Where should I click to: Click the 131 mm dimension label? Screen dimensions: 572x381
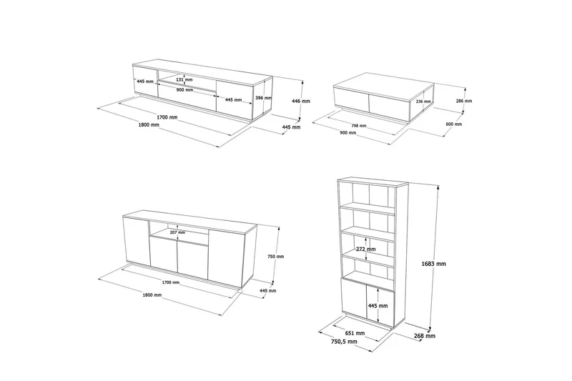(x=184, y=79)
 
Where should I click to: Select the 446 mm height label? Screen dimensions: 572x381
(x=301, y=101)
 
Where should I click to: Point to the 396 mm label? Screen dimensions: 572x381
(x=263, y=98)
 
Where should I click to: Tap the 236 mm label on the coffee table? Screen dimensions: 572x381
(x=423, y=102)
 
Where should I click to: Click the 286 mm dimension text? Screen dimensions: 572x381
(x=464, y=101)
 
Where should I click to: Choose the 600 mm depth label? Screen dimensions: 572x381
(x=454, y=124)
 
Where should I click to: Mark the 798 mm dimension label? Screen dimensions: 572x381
(x=359, y=126)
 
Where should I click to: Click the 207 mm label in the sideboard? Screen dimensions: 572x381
(x=177, y=232)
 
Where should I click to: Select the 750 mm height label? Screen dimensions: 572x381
(x=275, y=257)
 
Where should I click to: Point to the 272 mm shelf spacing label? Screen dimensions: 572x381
(x=366, y=249)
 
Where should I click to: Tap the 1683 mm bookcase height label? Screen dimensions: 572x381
(x=433, y=264)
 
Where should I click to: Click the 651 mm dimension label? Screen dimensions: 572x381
(x=355, y=333)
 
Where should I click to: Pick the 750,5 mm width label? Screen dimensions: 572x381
(x=344, y=342)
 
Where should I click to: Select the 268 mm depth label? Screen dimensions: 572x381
(x=425, y=336)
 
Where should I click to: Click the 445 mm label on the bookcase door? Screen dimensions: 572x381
(x=378, y=306)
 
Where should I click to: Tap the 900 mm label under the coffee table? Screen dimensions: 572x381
(x=348, y=133)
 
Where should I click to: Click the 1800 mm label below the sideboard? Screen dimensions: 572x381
(x=152, y=295)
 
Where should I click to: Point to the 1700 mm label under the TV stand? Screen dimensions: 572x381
(x=167, y=117)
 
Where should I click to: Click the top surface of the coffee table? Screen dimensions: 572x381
(x=384, y=86)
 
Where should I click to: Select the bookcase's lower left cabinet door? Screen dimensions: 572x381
(x=354, y=298)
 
